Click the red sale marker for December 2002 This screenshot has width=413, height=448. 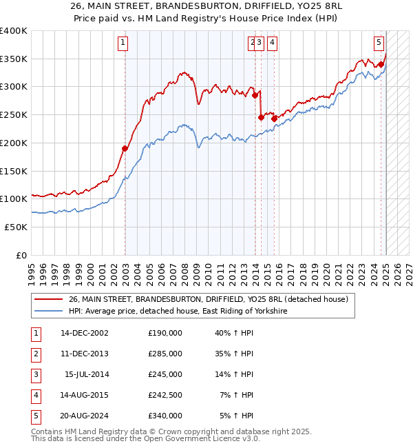click(125, 148)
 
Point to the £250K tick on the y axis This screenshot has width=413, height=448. click(14, 114)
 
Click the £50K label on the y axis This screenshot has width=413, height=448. click(16, 226)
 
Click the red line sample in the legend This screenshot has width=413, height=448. click(48, 300)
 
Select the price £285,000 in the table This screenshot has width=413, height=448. click(165, 354)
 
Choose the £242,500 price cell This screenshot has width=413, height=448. click(165, 395)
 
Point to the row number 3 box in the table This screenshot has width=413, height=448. click(35, 374)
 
